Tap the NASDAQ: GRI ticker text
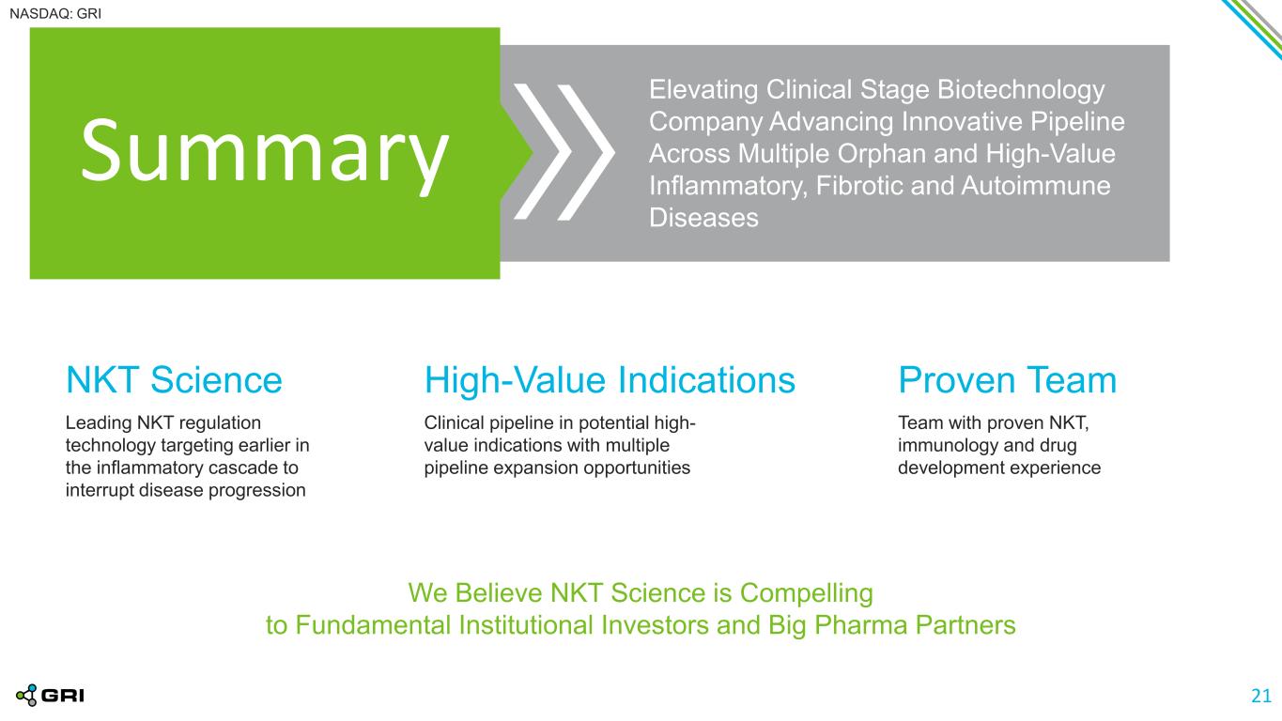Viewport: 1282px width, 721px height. point(55,14)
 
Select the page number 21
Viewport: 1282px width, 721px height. point(1261,696)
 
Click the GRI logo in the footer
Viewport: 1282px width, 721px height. point(51,696)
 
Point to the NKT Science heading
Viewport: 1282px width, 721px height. point(174,380)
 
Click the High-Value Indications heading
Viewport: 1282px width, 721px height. point(610,380)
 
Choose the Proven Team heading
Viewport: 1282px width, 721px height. point(1007,380)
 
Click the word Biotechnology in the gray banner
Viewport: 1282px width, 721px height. point(1021,90)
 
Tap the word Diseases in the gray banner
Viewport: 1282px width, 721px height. point(704,218)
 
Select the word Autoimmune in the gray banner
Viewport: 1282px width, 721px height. point(1036,186)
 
